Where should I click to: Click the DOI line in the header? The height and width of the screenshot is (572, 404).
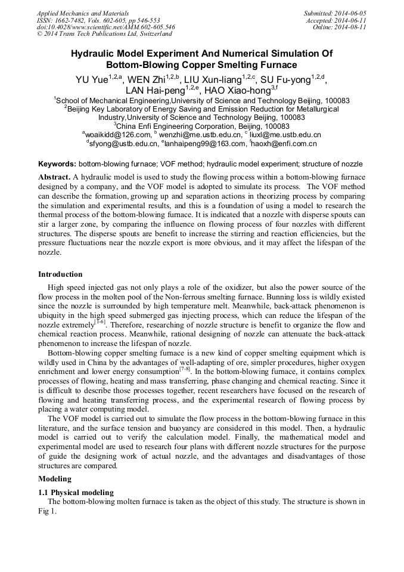click(105, 27)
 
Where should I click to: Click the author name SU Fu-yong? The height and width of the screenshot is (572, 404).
click(287, 79)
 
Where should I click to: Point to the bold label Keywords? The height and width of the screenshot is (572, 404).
click(57, 163)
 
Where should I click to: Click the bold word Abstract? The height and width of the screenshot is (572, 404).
click(54, 178)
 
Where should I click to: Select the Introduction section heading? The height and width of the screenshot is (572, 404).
click(60, 274)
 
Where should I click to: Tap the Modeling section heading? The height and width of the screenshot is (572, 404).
click(55, 479)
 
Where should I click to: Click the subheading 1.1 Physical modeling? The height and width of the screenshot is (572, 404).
click(76, 493)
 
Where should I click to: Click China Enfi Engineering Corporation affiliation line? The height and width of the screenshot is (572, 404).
click(202, 126)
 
